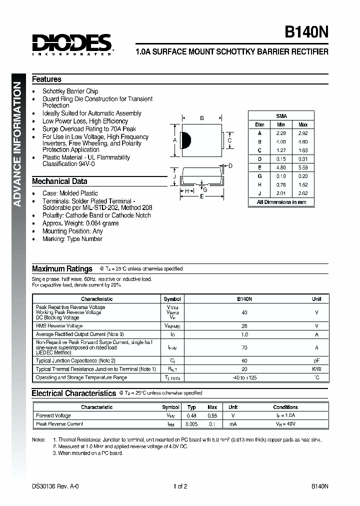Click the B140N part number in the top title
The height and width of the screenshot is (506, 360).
pos(306,32)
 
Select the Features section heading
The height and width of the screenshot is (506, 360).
pos(46,79)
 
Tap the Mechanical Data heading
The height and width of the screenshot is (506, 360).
pos(59,181)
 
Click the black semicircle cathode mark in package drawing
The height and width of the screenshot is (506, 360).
pos(184,140)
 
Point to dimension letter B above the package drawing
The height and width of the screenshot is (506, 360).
pos(201,118)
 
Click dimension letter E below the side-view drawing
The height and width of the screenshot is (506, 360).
pos(202,197)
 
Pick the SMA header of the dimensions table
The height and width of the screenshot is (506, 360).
pos(281,115)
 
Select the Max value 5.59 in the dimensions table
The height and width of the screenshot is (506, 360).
pos(303,168)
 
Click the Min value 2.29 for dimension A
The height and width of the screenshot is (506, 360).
pos(281,133)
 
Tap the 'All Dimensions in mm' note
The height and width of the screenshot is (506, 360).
pos(281,202)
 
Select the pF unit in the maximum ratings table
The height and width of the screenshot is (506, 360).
pos(316,360)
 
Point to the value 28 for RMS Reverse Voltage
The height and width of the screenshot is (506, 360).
pos(244,325)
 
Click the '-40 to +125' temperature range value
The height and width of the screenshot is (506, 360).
pos(244,377)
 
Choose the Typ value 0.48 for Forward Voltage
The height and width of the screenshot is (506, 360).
pos(191,415)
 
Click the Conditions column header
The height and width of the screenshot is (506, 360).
pos(285,407)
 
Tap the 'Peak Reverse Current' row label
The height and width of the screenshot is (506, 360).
pos(59,424)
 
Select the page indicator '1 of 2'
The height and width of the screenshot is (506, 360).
pos(180,486)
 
